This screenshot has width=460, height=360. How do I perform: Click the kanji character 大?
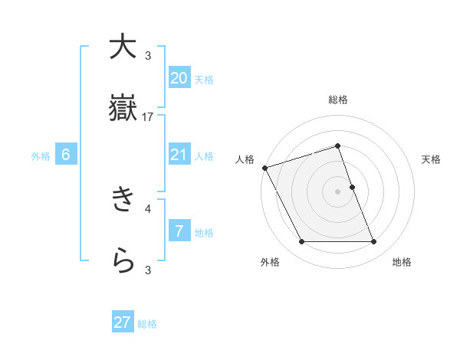click(123, 47)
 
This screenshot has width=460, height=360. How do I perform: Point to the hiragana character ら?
click(123, 261)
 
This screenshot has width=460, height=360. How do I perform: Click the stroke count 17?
click(148, 117)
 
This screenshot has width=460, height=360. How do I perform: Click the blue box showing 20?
click(179, 78)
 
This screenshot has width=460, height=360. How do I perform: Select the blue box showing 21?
click(179, 155)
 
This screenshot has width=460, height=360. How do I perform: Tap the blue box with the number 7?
click(179, 231)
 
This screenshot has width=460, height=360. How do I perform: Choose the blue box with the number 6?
click(66, 155)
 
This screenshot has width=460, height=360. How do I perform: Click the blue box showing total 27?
click(123, 322)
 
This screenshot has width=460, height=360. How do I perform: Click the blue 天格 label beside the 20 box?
click(204, 79)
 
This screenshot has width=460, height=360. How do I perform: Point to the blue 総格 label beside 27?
click(147, 324)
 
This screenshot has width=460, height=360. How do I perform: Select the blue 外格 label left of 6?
click(41, 156)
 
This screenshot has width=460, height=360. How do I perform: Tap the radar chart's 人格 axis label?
click(245, 159)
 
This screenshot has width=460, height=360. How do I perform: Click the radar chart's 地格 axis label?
click(402, 262)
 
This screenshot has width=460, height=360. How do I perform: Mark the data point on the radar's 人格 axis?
click(264, 168)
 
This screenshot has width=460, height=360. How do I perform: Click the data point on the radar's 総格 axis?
click(337, 146)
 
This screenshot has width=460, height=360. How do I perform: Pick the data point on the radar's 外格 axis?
click(301, 242)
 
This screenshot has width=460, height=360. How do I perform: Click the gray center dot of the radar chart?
click(337, 191)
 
